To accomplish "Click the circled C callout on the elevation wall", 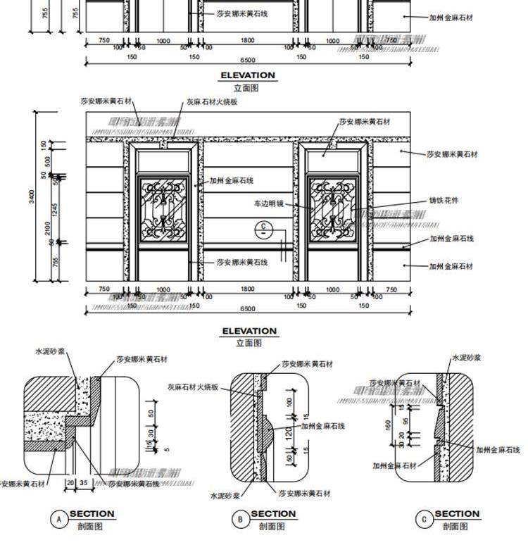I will [263, 227].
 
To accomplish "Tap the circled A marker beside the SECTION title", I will [59, 520].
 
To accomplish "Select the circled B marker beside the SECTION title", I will [241, 520].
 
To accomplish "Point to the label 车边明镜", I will [269, 204].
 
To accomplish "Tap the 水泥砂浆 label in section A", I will [50, 349].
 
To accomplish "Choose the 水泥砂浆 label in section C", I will [466, 358].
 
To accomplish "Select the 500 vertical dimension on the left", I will [47, 161].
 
